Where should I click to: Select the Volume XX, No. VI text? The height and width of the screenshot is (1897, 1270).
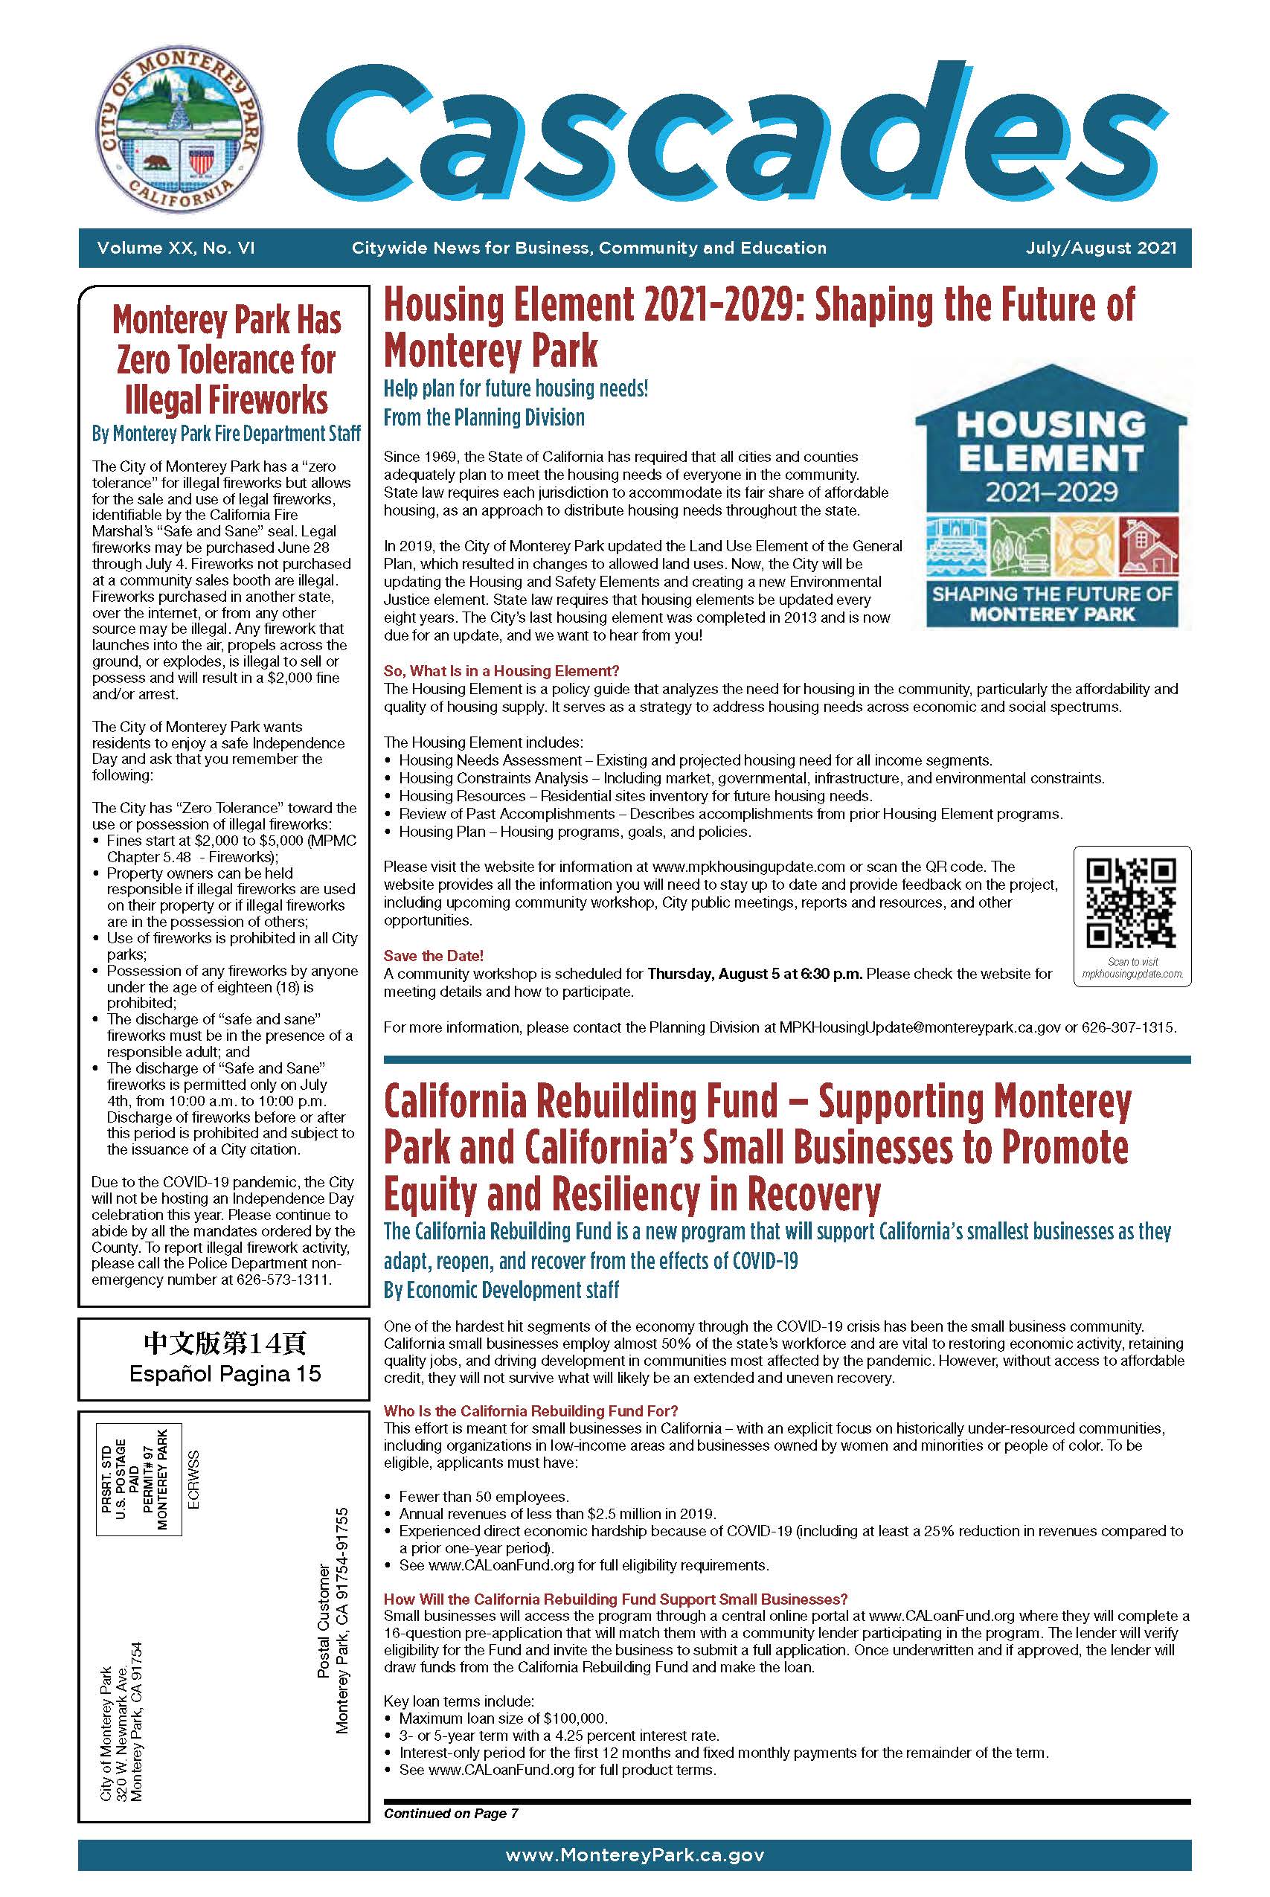[176, 248]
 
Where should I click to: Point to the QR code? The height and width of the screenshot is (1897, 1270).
[1132, 904]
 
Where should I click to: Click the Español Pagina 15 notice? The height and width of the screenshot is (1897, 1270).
[225, 1373]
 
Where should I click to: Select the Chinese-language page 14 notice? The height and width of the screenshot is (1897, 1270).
[225, 1344]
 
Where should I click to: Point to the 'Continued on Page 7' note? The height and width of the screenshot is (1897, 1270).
[451, 1813]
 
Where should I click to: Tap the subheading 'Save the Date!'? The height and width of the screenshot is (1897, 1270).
[433, 956]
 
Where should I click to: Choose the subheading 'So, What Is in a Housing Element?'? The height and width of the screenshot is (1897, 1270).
[501, 670]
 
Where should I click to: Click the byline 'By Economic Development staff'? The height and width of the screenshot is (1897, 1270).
[501, 1290]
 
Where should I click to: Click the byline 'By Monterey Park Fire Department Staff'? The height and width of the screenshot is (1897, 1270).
[226, 434]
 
